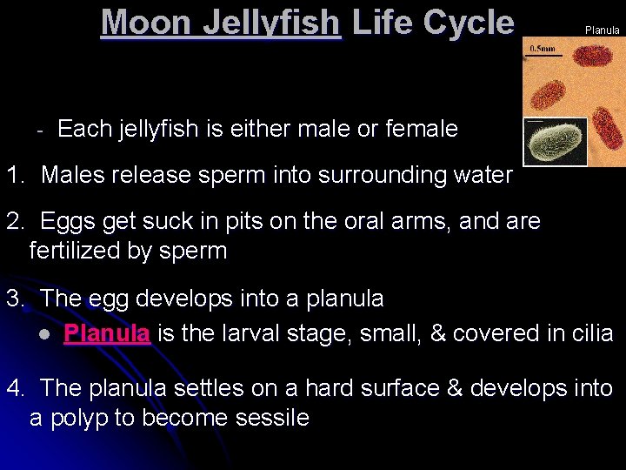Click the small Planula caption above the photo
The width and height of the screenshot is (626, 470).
click(602, 30)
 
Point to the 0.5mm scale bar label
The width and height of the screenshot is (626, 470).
click(545, 49)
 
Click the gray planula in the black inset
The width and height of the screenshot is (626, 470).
click(555, 142)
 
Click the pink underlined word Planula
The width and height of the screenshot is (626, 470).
click(108, 333)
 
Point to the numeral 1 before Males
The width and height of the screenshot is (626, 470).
click(12, 175)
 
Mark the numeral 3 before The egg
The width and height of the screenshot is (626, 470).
click(13, 299)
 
